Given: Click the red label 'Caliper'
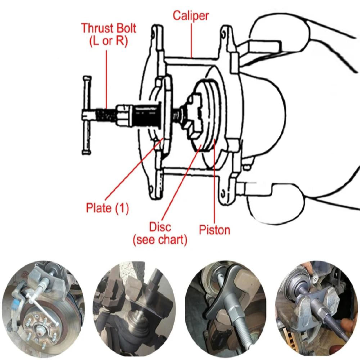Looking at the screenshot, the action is click(190, 15).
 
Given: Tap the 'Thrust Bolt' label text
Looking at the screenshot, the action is click(109, 28).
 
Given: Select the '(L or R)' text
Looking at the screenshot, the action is click(108, 41).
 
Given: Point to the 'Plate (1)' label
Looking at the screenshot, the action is click(107, 208).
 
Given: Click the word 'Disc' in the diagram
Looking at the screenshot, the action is click(160, 227).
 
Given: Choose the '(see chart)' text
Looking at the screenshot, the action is click(160, 240).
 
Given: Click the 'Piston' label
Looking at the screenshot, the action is click(215, 230).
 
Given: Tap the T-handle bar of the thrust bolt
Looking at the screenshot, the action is click(87, 115).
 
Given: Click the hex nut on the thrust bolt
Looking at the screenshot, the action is click(124, 115).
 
